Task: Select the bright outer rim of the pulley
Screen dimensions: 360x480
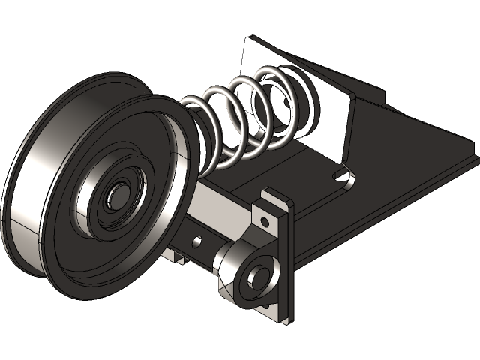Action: pos(30,187)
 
